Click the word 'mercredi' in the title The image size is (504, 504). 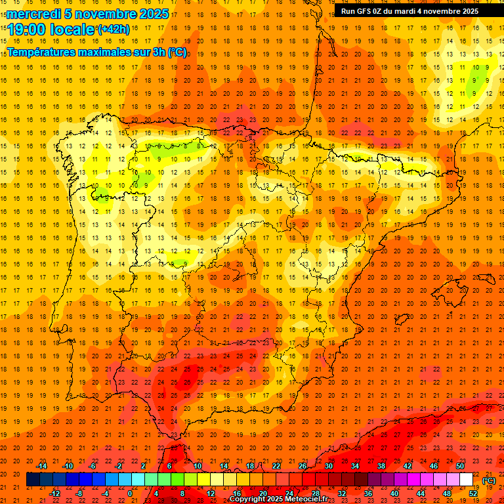(x=34, y=14)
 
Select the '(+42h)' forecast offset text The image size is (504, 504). (x=114, y=30)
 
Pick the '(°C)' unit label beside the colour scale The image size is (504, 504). (x=489, y=481)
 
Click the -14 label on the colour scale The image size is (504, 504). (x=41, y=466)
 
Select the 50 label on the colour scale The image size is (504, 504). (x=460, y=466)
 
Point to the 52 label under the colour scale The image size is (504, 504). (x=473, y=493)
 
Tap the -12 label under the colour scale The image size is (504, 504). (x=54, y=493)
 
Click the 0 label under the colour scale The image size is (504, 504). (x=130, y=493)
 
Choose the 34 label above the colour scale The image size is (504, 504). (x=355, y=466)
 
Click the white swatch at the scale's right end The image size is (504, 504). (x=466, y=480)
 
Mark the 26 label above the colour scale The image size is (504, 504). (x=303, y=466)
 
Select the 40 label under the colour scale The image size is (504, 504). (x=394, y=493)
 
